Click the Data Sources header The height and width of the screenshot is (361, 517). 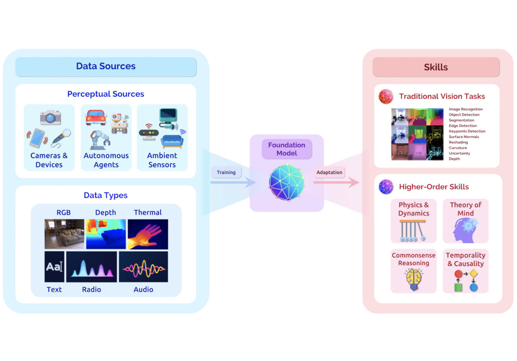pyautogui.click(x=106, y=66)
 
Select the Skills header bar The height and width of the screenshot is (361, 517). pyautogui.click(x=436, y=67)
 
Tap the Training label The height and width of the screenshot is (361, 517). pyautogui.click(x=226, y=172)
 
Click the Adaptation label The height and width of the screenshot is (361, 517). pyautogui.click(x=329, y=172)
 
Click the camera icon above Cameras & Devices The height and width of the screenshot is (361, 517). pyautogui.click(x=50, y=117)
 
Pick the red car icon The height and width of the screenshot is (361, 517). pyautogui.click(x=96, y=117)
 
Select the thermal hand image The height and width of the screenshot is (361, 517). pyautogui.click(x=147, y=234)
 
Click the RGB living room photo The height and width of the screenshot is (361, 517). pyautogui.click(x=64, y=234)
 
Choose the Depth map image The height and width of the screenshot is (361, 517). pyautogui.click(x=106, y=234)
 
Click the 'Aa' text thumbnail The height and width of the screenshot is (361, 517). pyautogui.click(x=54, y=267)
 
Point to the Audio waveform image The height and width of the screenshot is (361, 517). pyautogui.click(x=143, y=267)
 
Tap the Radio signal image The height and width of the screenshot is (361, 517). pyautogui.click(x=91, y=267)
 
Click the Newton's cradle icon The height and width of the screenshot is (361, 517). pyautogui.click(x=413, y=230)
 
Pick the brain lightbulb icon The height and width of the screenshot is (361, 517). pyautogui.click(x=413, y=279)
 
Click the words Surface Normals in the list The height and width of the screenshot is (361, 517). pyautogui.click(x=464, y=137)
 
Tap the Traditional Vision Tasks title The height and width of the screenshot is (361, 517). pyautogui.click(x=442, y=96)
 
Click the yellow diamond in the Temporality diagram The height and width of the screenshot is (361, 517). pyautogui.click(x=473, y=274)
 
